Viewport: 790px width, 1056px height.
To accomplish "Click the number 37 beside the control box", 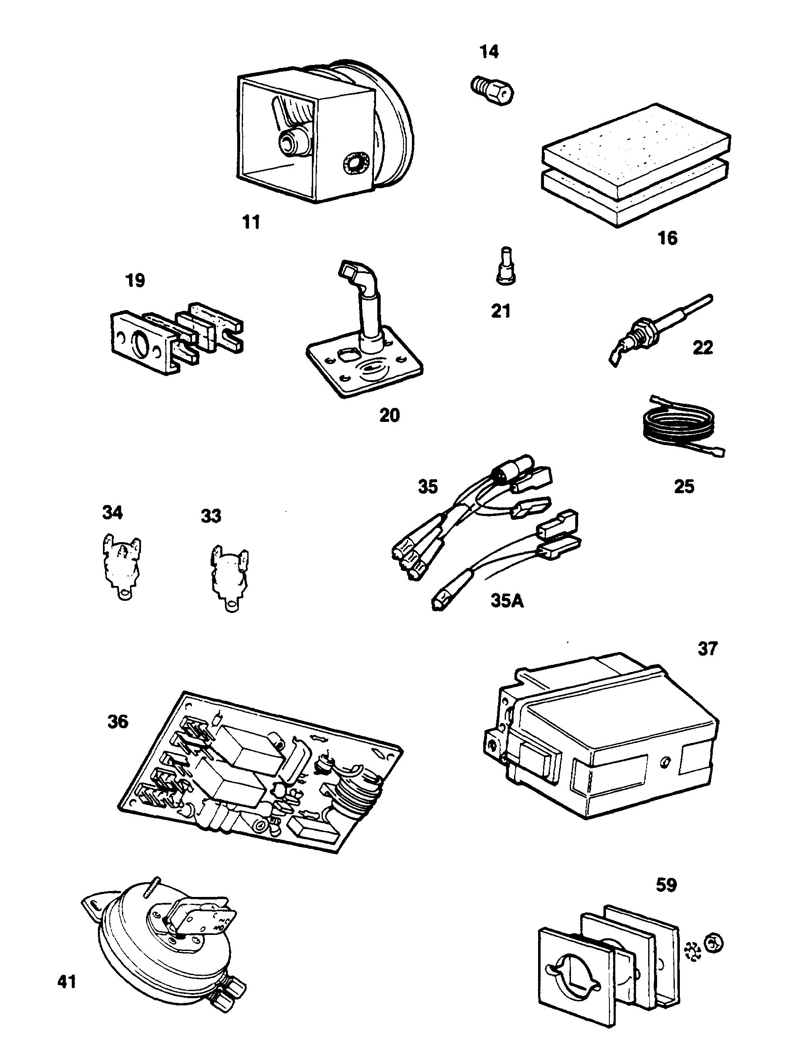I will (x=707, y=649).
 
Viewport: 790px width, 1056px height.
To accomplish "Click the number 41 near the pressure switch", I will (x=67, y=983).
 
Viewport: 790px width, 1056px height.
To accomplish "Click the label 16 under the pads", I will (x=668, y=238).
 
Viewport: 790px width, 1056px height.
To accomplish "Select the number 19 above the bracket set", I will (x=135, y=281).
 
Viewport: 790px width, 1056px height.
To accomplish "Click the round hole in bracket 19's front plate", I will (x=141, y=344).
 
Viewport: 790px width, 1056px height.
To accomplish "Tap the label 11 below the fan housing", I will (x=251, y=222).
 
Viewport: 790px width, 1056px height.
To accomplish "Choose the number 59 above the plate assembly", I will (x=666, y=886).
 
